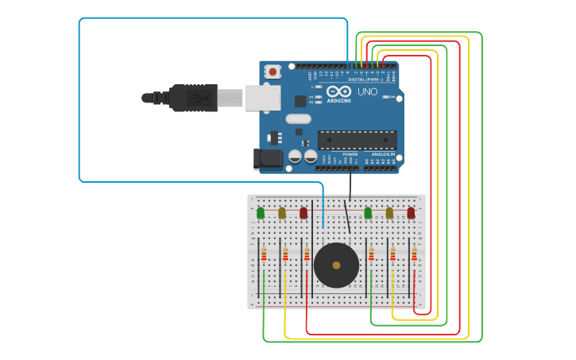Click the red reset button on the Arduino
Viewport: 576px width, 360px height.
click(273, 72)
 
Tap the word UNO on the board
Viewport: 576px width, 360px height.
click(367, 92)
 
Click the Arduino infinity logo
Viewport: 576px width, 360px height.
click(338, 91)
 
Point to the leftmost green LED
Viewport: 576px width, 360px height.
click(261, 212)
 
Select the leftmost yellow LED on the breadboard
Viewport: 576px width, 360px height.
click(282, 212)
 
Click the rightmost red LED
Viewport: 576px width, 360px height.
click(411, 212)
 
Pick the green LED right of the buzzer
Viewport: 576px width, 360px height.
click(368, 212)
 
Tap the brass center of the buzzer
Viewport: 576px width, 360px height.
click(336, 265)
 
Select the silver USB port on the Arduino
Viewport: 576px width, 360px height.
click(262, 97)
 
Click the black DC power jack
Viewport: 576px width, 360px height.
click(268, 158)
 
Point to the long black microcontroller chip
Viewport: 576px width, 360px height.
click(358, 140)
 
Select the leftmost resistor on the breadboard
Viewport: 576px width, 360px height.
click(264, 254)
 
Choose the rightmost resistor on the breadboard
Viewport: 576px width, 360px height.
click(414, 254)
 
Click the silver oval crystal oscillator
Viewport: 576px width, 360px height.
click(298, 119)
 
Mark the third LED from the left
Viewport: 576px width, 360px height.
click(303, 212)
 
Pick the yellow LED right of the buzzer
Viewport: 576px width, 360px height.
click(389, 212)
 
